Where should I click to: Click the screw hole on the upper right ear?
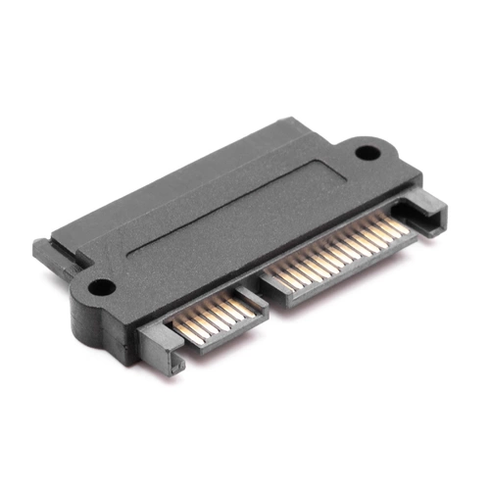click(x=366, y=153)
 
